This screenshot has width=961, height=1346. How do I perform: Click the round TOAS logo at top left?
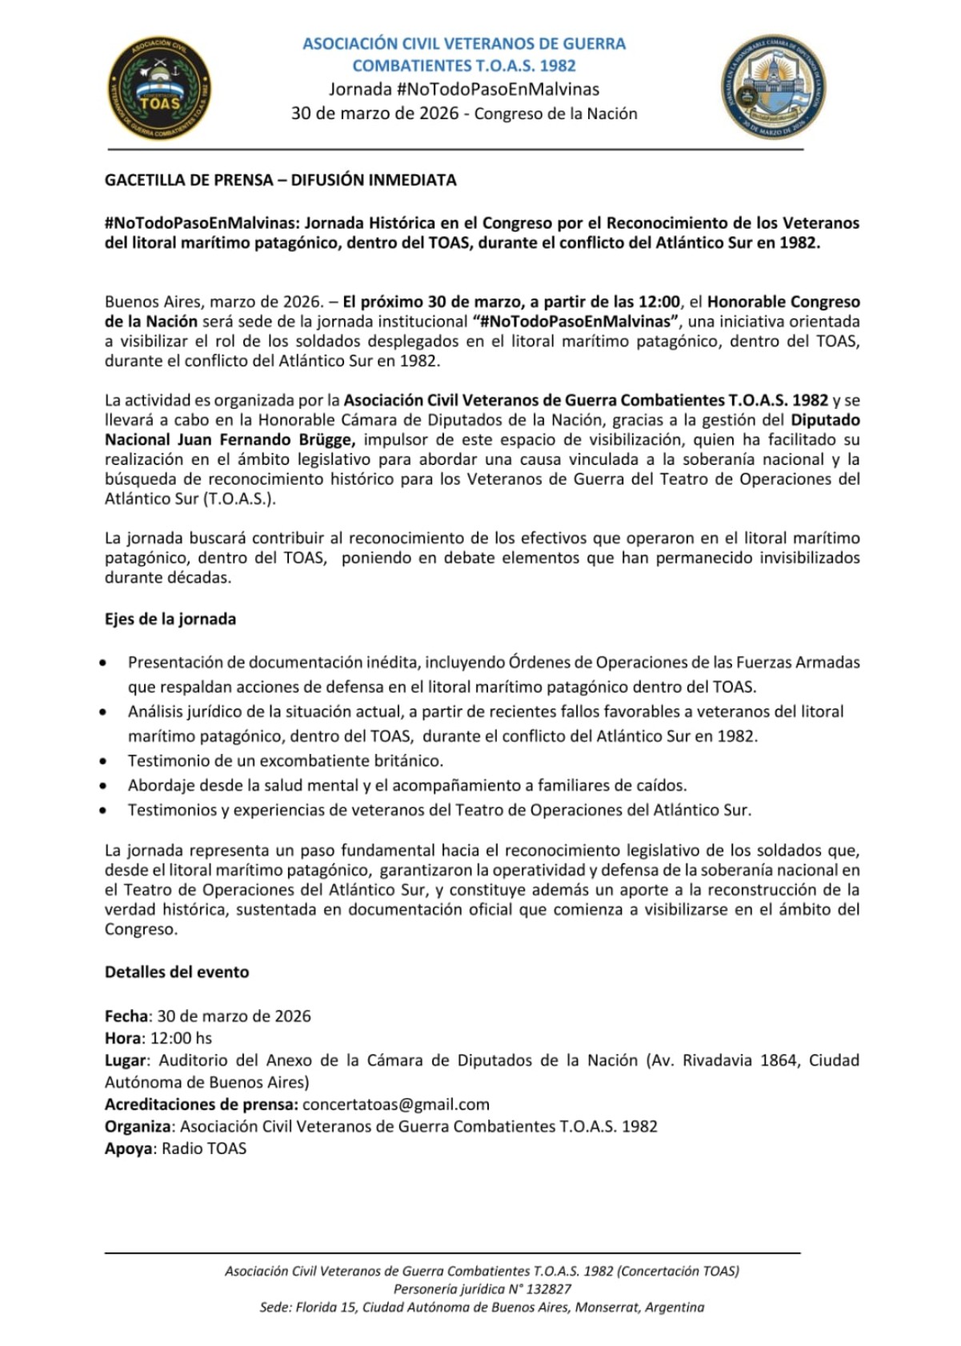(160, 87)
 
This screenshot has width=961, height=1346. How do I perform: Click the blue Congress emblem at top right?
(773, 86)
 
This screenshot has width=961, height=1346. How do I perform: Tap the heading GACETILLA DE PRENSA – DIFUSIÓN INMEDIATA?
(280, 180)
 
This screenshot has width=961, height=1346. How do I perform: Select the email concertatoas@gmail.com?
(396, 1104)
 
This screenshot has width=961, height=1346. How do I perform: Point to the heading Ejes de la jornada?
(170, 619)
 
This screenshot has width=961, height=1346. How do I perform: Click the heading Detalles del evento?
(177, 971)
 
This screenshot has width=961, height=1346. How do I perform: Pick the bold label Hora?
(123, 1038)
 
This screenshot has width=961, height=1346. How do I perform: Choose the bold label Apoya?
(128, 1148)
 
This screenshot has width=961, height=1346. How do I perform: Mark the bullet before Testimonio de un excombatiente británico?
(103, 762)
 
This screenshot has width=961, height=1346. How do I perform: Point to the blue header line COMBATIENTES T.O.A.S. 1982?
(464, 66)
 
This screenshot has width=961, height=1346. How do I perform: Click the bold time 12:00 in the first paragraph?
(658, 302)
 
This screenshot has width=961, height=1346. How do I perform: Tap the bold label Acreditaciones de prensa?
(201, 1104)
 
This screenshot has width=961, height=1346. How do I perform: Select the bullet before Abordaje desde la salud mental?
(103, 787)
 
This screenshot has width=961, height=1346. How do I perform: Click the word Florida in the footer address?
(317, 1307)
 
